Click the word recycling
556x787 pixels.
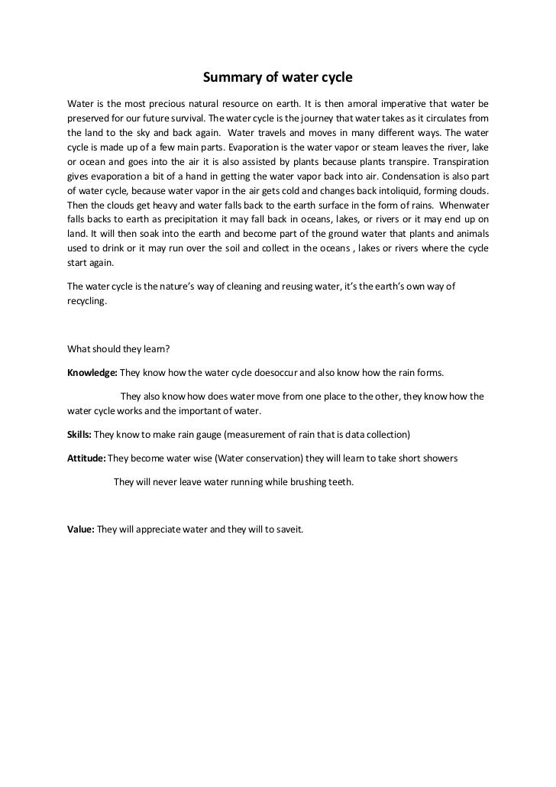click(87, 300)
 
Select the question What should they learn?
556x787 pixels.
click(118, 349)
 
